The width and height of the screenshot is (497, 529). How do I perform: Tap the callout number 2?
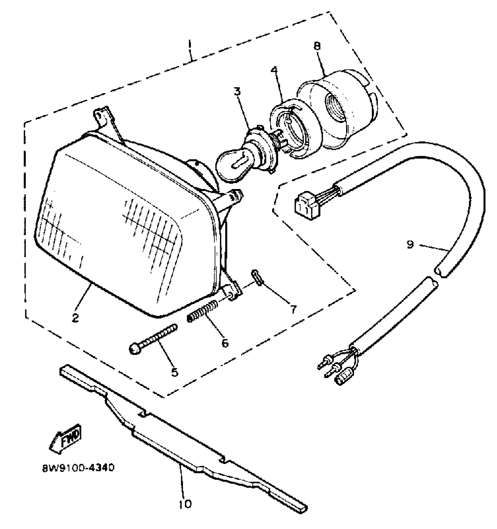pos(76,317)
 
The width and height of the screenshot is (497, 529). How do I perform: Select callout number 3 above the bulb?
pos(237,91)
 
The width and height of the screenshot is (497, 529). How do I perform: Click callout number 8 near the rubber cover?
pos(317,46)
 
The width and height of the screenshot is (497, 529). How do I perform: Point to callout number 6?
pos(224,343)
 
